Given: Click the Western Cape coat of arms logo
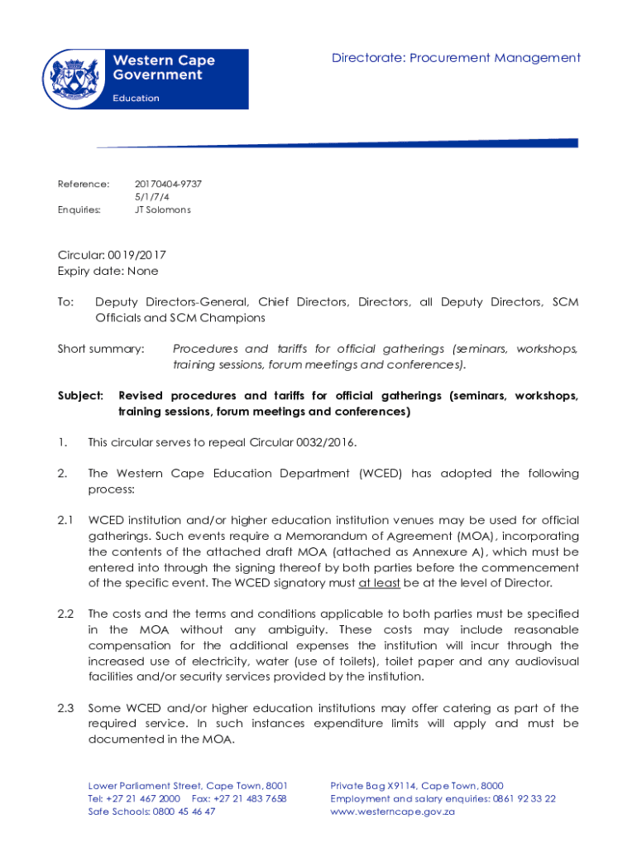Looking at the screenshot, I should (75, 78).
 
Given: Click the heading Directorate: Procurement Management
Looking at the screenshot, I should (456, 58).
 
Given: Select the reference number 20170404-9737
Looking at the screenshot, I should (168, 184).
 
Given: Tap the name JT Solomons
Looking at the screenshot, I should (163, 210).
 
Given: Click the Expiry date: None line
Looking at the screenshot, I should (108, 271).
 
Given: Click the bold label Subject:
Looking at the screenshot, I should (80, 396).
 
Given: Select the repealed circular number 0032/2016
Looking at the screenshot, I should (325, 443).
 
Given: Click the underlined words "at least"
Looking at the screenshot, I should (380, 583).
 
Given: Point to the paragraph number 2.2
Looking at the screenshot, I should (66, 614).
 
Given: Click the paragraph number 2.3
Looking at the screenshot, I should (66, 708).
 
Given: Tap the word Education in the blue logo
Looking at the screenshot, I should (136, 98).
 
